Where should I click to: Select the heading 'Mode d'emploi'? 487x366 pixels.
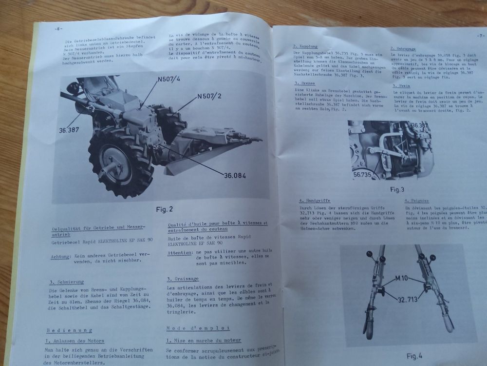pyautogui.click(x=198, y=327)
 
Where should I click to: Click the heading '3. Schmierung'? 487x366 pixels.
pyautogui.click(x=66, y=282)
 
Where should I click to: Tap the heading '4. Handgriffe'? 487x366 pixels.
pyautogui.click(x=316, y=201)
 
